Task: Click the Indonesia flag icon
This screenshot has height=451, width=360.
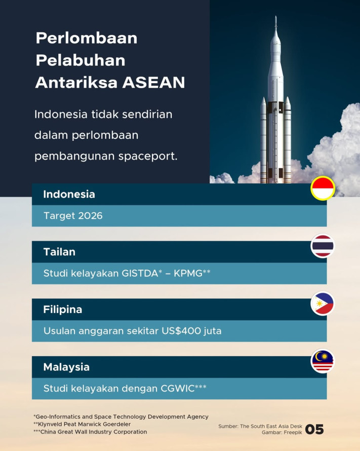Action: click(x=323, y=189)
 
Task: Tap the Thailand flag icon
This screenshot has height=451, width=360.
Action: click(x=323, y=246)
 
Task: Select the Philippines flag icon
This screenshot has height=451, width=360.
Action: click(x=323, y=304)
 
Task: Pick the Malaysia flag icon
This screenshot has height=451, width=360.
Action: click(x=323, y=361)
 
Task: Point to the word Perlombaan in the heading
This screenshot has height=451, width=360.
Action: click(x=87, y=38)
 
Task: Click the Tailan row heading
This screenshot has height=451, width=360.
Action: click(x=59, y=252)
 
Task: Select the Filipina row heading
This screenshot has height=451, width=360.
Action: click(x=63, y=309)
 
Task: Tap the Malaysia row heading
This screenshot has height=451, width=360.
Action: click(x=66, y=367)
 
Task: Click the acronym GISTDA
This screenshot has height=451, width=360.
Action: click(x=139, y=273)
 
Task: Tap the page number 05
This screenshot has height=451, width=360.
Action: click(x=314, y=430)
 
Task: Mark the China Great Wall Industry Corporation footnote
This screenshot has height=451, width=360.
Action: click(x=91, y=432)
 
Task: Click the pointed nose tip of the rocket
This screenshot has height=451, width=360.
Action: click(x=275, y=18)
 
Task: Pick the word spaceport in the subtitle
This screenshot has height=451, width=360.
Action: click(x=152, y=156)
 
